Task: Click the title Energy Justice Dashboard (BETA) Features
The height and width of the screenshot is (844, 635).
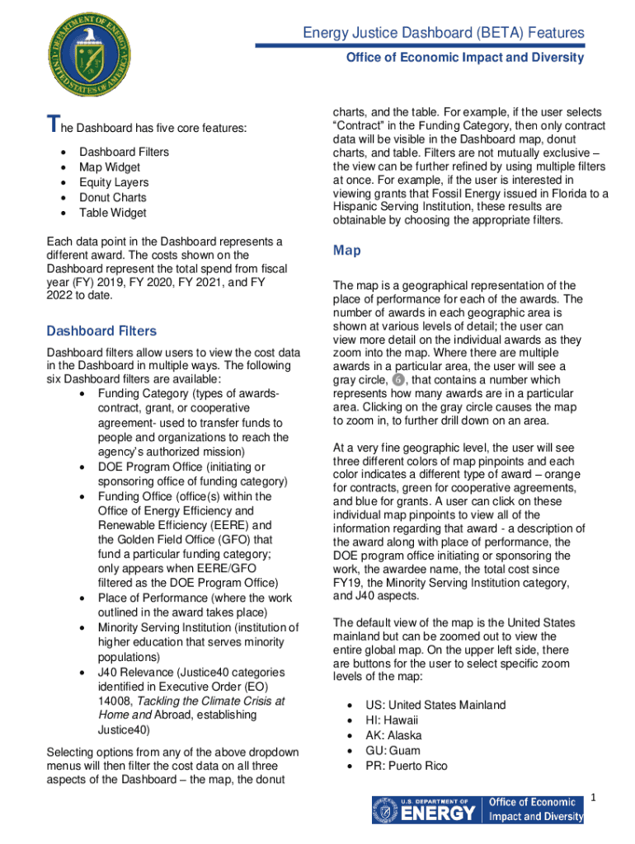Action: click(444, 33)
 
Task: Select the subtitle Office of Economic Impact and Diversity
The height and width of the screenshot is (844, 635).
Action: click(464, 58)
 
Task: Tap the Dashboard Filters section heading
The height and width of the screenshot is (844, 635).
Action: click(101, 331)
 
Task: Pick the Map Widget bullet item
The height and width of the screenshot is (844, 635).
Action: click(109, 167)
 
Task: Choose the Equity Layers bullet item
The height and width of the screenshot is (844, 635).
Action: click(114, 182)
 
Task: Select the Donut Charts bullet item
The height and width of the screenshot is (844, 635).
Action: click(113, 198)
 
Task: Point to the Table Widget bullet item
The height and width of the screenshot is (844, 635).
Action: click(113, 213)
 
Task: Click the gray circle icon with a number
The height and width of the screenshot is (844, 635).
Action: click(398, 380)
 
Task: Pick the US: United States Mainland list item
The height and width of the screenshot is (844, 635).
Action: click(435, 706)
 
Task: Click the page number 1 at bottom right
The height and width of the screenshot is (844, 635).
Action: click(592, 798)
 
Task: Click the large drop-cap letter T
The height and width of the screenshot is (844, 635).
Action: click(52, 125)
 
